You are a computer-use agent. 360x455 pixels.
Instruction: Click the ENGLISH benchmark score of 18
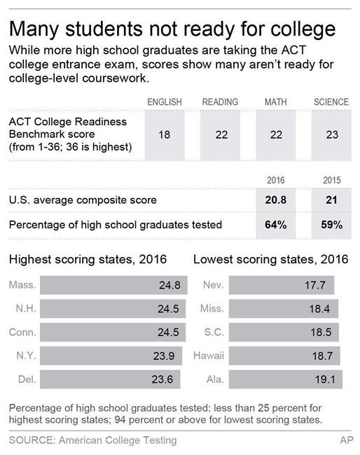click(164, 135)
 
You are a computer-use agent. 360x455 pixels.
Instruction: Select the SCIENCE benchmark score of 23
click(331, 135)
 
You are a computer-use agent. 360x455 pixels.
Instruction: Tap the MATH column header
click(275, 102)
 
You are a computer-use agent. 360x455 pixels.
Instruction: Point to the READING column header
click(220, 102)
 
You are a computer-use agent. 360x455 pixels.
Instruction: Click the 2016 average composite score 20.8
click(275, 200)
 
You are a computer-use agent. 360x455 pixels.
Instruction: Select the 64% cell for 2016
click(275, 225)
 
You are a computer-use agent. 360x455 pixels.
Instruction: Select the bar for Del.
click(110, 379)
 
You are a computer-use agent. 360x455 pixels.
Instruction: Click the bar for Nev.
click(282, 285)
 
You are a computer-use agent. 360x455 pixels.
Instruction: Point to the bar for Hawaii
click(284, 356)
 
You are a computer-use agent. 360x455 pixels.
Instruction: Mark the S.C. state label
click(212, 332)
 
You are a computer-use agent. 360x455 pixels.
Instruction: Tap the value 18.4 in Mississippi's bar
click(324, 309)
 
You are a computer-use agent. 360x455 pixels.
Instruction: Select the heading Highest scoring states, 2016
click(88, 260)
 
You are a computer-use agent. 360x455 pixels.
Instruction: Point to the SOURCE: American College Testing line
click(92, 440)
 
